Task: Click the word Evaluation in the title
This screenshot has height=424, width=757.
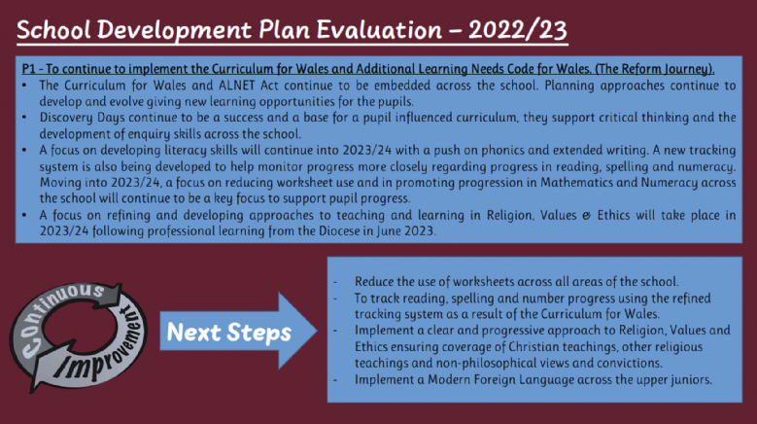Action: pyautogui.click(x=379, y=30)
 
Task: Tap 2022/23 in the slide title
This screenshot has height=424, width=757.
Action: pyautogui.click(x=518, y=30)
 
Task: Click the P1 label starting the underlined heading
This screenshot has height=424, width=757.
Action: pyautogui.click(x=28, y=69)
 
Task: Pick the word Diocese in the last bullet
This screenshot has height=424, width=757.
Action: pyautogui.click(x=339, y=230)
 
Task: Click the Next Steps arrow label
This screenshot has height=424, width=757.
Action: pyautogui.click(x=228, y=333)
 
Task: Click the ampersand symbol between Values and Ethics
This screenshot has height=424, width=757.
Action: pyautogui.click(x=586, y=215)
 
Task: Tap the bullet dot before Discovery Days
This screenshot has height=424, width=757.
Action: pyautogui.click(x=24, y=118)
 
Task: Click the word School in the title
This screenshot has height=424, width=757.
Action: pyautogui.click(x=53, y=30)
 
